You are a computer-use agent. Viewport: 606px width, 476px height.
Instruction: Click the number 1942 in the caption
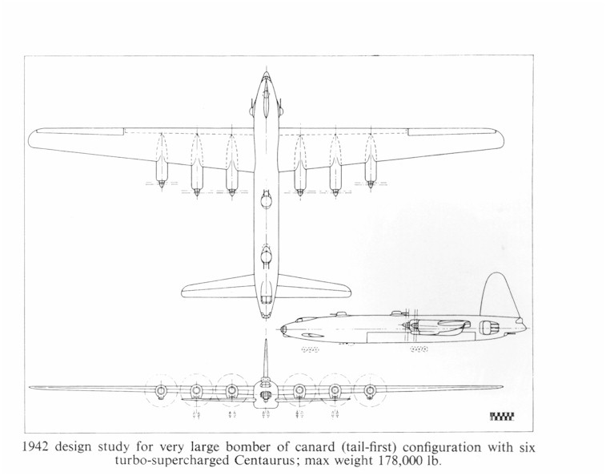(36, 447)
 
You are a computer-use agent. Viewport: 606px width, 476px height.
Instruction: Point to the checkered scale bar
(502, 417)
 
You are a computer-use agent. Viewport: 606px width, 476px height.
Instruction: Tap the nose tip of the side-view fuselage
(281, 330)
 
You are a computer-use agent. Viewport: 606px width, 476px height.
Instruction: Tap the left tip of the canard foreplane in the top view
(184, 291)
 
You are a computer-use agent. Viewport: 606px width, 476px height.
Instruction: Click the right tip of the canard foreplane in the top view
(348, 291)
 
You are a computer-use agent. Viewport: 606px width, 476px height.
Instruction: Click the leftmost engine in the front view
(161, 391)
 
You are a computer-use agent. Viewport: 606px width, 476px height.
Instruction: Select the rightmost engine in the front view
(371, 391)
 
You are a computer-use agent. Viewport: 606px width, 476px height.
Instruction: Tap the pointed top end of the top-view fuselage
(266, 72)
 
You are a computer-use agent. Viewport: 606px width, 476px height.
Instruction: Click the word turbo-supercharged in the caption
(173, 461)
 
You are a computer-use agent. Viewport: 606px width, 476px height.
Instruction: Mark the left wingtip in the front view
(31, 387)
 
